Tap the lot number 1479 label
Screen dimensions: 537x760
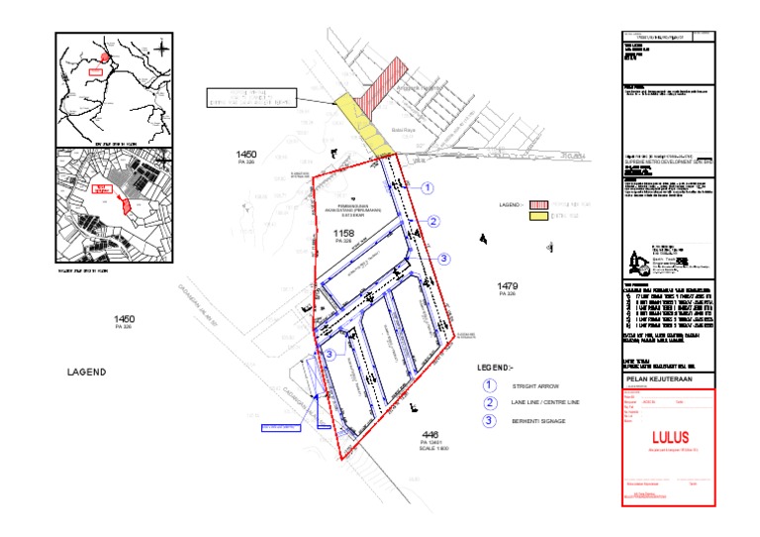(509, 286)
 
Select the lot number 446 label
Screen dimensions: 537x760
(429, 435)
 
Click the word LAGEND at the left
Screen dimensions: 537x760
(86, 373)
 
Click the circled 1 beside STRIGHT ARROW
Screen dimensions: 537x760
(488, 385)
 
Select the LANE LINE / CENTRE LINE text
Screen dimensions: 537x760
(546, 403)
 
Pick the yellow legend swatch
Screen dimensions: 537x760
(539, 215)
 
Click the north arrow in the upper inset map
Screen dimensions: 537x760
(162, 46)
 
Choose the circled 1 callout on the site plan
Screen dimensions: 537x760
(427, 186)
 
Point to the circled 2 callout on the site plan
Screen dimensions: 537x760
(433, 222)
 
